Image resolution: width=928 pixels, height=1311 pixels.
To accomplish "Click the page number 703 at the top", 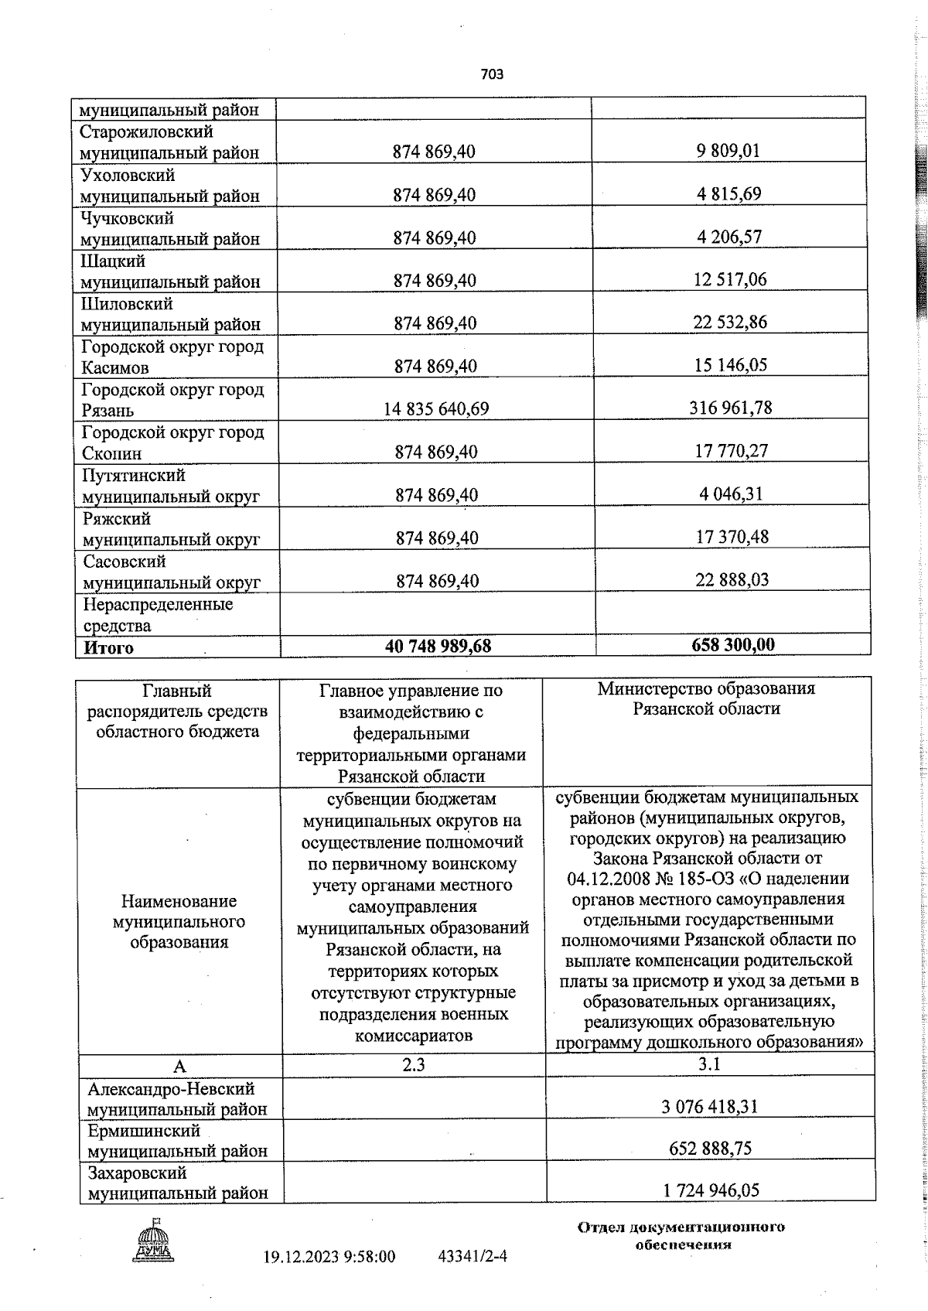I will coord(492,74).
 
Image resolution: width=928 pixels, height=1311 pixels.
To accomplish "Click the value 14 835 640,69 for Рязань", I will coord(436,408).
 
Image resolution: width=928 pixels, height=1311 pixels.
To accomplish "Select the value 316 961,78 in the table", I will coord(730,407).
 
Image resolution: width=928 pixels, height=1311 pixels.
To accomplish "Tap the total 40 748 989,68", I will coord(438,646).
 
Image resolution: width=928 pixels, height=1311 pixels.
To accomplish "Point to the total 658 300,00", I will coord(732,644).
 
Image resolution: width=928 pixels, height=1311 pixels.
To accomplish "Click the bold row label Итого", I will coord(109,648).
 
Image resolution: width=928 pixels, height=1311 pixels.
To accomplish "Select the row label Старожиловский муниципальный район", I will coord(169,142).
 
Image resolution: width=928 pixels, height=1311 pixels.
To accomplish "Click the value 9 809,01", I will coord(728,151).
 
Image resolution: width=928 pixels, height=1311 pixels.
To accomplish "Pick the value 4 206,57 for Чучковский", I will coord(728,237).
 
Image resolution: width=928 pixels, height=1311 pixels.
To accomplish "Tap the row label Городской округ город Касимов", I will coord(172,357).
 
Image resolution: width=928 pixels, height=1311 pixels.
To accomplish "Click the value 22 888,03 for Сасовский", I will coord(732,579).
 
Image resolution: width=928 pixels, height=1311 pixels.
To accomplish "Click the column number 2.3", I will coord(413,1065).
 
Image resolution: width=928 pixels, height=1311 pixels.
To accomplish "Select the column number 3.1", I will coord(709,1064).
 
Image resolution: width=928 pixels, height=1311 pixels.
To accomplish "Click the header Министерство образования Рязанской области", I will coord(706,698).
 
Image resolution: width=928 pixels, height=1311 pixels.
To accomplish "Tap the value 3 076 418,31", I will coord(709,1107).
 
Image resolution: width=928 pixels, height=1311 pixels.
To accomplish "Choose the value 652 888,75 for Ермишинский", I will coord(710,1149).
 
